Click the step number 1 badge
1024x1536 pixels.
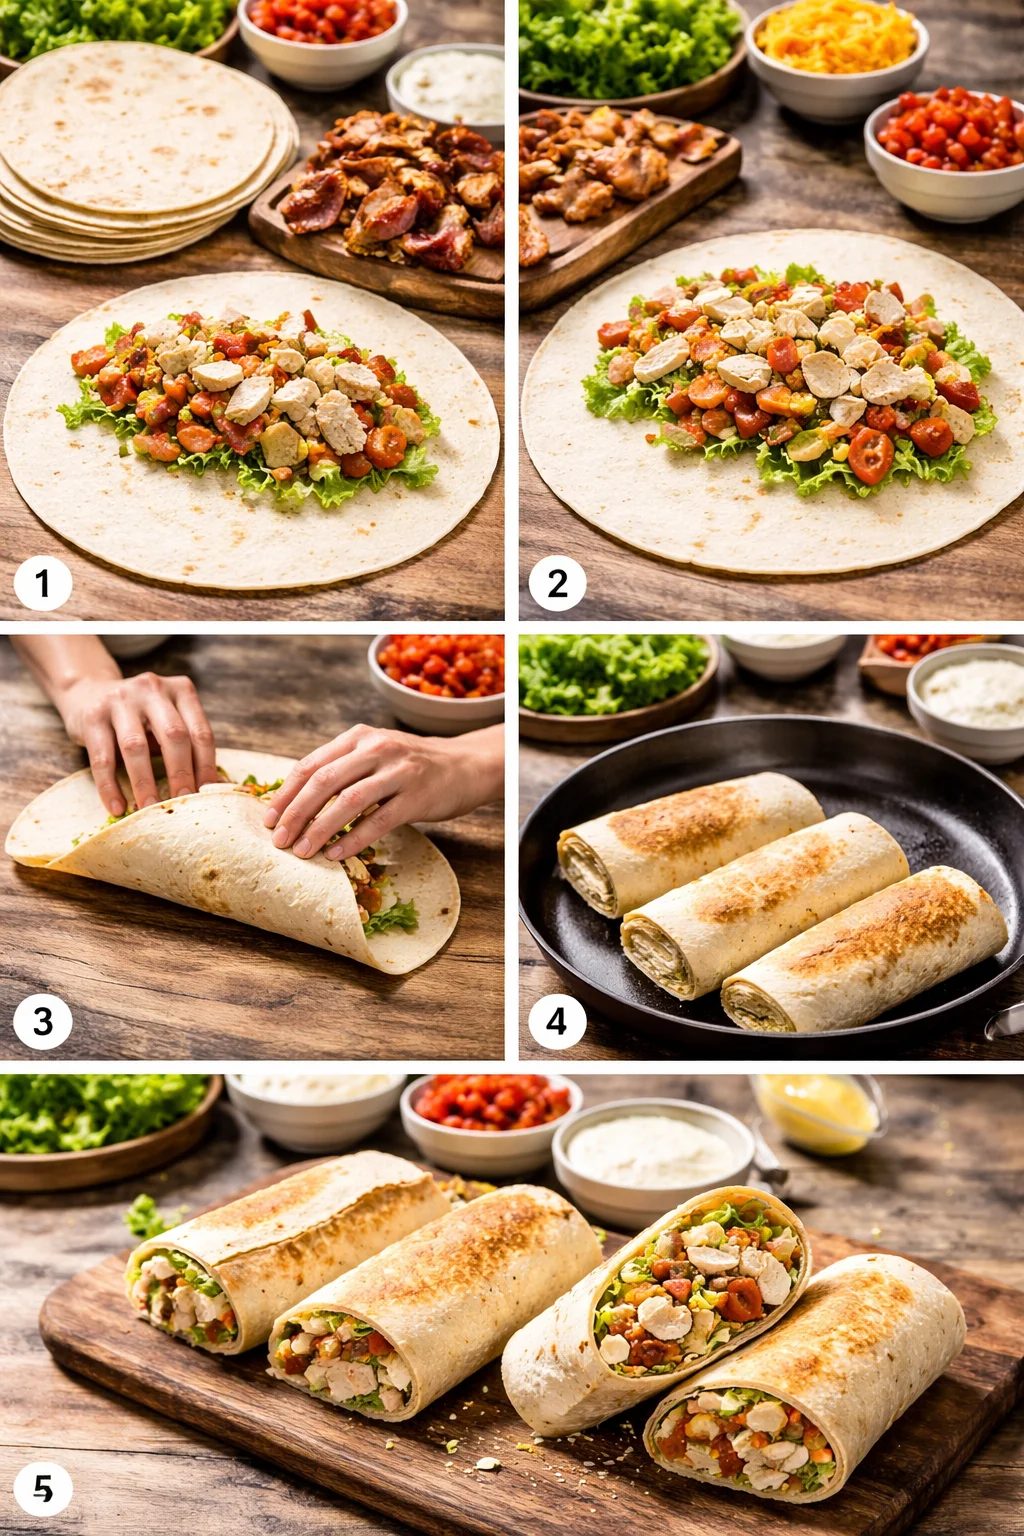42,583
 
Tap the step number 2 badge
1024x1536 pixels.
557,583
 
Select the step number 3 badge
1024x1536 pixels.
42,1021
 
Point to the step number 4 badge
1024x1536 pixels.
557,1021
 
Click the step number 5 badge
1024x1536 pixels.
42,1489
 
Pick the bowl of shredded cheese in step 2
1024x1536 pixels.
836,45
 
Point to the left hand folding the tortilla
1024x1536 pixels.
140,730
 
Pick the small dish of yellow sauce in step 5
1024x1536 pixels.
815,1112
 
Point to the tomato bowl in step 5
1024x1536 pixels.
490,1110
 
